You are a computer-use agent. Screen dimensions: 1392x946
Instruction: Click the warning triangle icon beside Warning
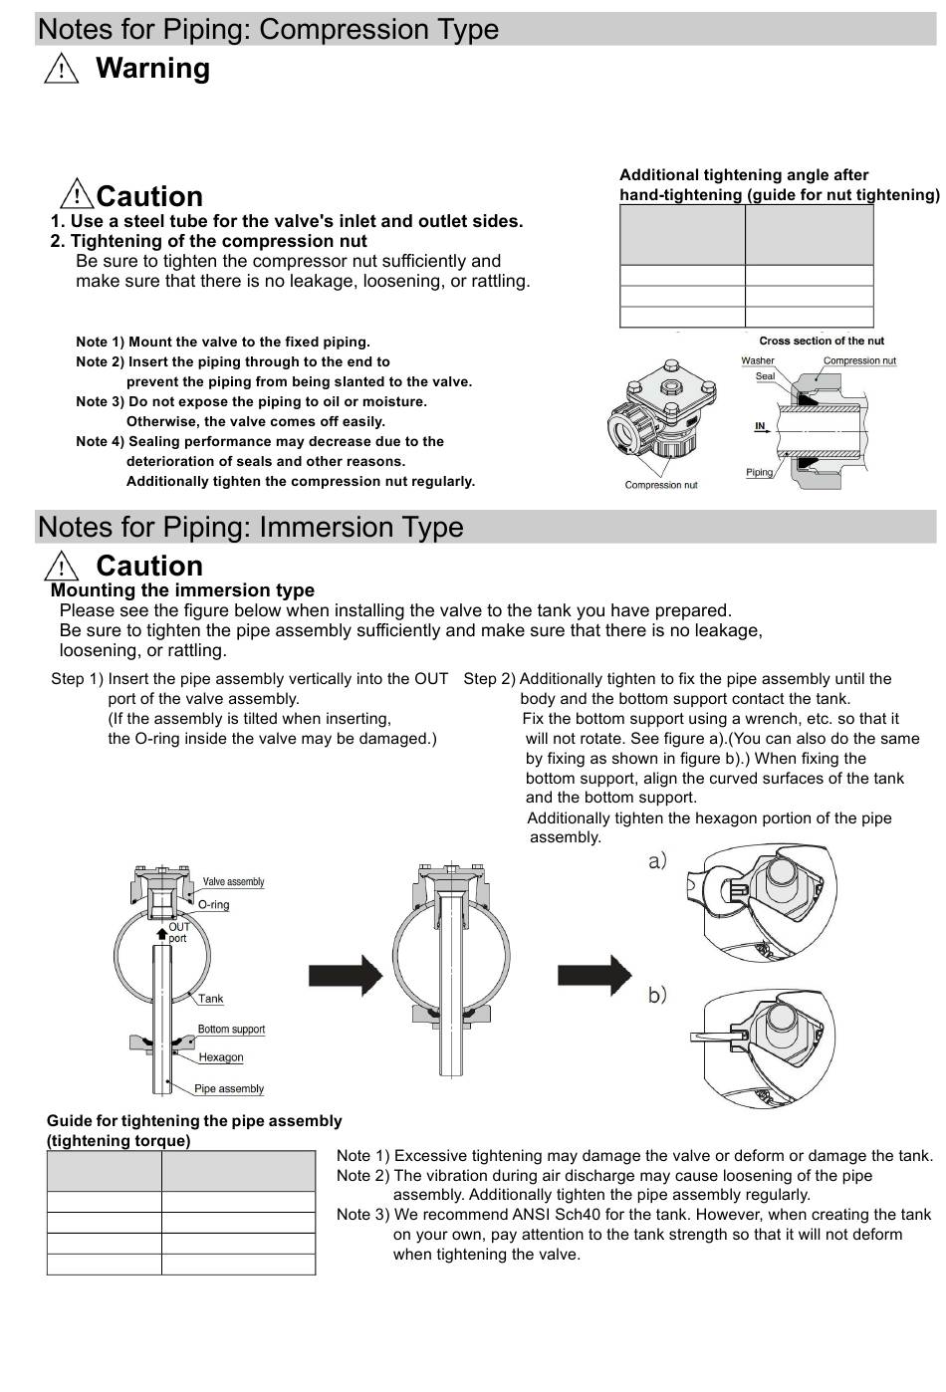[62, 69]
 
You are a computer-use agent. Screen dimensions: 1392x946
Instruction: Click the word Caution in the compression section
[149, 196]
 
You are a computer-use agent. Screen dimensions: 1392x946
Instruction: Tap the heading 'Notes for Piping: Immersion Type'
[251, 527]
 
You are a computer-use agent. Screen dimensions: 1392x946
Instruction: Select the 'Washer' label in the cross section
[757, 360]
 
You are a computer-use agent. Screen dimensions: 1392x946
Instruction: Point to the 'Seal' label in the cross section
[765, 376]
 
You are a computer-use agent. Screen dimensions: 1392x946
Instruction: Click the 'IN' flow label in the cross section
[760, 426]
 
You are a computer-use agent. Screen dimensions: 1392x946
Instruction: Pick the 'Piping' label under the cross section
[759, 472]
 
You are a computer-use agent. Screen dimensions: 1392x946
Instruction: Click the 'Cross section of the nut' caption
[821, 341]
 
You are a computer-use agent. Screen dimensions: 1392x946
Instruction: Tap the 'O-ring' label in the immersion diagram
[213, 904]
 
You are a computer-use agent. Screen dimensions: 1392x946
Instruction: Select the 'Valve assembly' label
[233, 881]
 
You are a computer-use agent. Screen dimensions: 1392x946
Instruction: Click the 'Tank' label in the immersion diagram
[210, 999]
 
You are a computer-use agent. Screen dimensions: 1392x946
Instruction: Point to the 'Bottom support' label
[231, 1029]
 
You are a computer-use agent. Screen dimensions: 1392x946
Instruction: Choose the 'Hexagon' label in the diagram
[220, 1057]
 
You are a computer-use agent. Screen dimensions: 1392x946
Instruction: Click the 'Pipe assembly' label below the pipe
[229, 1088]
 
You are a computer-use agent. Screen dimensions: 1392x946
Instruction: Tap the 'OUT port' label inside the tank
[178, 932]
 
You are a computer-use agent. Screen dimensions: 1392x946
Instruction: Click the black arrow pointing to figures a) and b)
[593, 976]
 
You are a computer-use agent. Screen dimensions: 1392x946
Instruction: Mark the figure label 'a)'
[657, 861]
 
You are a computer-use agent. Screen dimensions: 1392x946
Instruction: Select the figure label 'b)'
[657, 995]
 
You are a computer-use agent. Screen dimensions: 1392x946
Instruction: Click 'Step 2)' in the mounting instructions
[489, 679]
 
